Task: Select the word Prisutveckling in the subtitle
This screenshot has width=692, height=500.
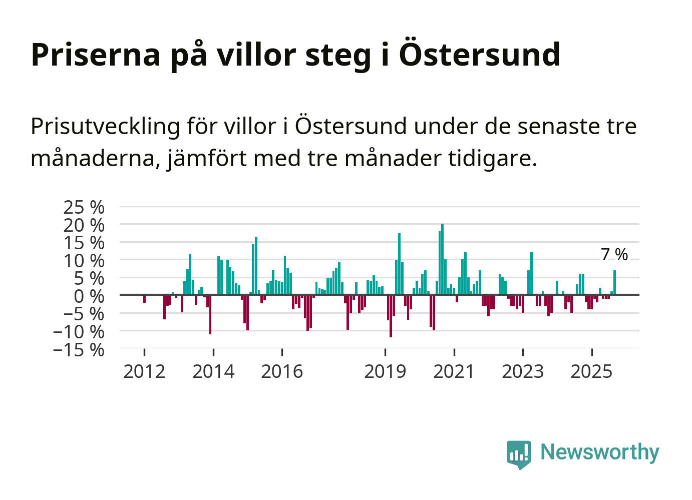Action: tap(105, 126)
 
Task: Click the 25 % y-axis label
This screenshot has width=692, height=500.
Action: tap(84, 207)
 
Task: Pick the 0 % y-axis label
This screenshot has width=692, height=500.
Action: tap(89, 296)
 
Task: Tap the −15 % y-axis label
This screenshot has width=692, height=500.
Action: tap(79, 349)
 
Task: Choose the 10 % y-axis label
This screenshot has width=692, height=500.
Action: tap(84, 260)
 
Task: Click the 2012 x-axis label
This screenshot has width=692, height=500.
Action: tap(144, 371)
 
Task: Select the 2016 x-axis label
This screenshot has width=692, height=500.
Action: tap(282, 371)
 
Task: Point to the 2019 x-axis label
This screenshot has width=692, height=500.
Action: tap(385, 371)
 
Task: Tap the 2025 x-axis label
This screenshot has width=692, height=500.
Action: tap(591, 371)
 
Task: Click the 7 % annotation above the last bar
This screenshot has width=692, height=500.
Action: tap(614, 254)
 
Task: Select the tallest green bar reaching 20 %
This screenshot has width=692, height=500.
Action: tap(442, 259)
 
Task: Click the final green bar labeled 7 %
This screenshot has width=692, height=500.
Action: tap(614, 283)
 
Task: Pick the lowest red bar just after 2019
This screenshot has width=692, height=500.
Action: tap(391, 316)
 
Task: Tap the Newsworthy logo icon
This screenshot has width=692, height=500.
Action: tap(519, 454)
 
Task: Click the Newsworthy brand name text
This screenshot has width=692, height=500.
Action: tap(599, 452)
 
